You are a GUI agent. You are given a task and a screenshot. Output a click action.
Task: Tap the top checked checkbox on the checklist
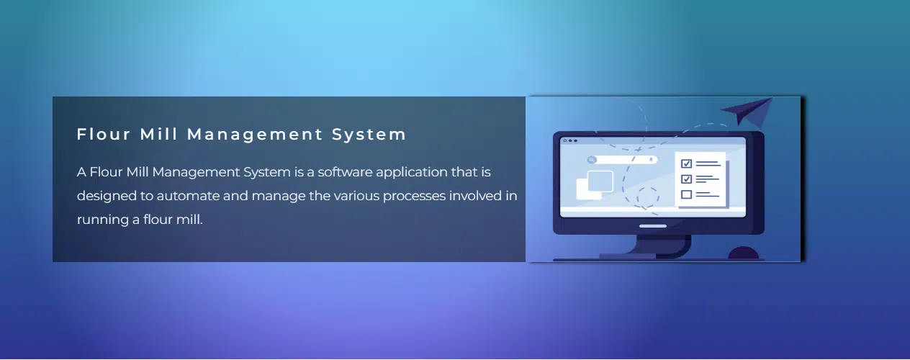coord(686,163)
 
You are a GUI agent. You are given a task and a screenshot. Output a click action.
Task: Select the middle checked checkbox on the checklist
coord(686,179)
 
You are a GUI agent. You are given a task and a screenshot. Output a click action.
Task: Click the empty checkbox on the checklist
coord(686,194)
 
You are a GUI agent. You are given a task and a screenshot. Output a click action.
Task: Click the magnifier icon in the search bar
coord(592,160)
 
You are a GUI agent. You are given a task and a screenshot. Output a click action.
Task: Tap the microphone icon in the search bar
coord(651,160)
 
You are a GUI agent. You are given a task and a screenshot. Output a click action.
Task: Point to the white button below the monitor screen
coord(653,226)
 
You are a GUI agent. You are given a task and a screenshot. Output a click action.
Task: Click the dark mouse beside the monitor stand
coord(744,253)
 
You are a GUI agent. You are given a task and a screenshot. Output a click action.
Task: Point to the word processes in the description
coord(378,196)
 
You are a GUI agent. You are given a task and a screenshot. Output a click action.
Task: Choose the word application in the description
coord(417,172)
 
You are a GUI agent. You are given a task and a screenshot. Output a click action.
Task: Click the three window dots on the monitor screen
coord(570,140)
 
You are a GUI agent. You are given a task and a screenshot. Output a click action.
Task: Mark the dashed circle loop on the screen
coord(647,196)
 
